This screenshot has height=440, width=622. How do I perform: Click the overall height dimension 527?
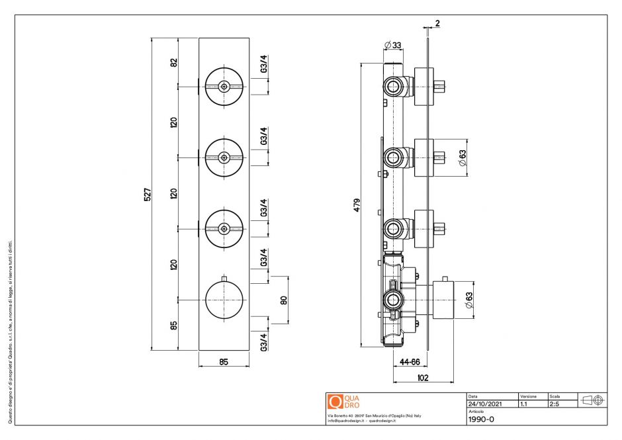click(148, 194)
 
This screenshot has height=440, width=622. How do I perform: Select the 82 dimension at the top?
click(174, 62)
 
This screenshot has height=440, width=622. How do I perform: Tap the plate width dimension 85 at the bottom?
click(224, 361)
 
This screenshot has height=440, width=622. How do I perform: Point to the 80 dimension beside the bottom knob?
click(284, 300)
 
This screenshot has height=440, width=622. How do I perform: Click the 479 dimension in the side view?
click(357, 204)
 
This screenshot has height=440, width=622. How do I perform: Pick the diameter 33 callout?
click(392, 46)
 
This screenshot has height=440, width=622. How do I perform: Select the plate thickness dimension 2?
click(437, 23)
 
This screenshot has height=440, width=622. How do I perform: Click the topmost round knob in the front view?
click(224, 86)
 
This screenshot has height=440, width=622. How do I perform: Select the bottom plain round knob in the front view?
click(224, 300)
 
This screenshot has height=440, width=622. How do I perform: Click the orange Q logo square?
click(335, 402)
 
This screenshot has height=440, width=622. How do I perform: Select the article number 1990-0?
click(481, 419)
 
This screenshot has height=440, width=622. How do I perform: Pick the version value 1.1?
click(524, 403)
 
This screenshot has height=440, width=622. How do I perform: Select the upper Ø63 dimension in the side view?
click(463, 157)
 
